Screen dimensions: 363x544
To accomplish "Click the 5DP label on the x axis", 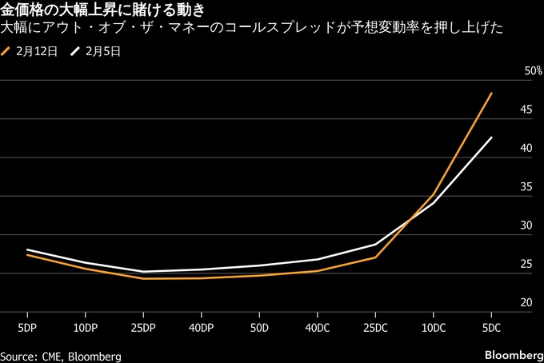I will coord(27,328).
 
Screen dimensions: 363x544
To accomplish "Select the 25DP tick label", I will coord(143,328).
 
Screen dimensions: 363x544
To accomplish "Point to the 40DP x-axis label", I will coord(202,328).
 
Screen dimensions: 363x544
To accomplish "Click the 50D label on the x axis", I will coord(259,328).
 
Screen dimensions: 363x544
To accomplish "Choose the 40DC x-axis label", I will coord(317,328).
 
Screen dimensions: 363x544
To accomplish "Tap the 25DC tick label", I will coord(375,328).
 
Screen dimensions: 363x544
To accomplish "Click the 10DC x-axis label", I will coord(434,328).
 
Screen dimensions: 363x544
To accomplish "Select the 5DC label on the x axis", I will coord(491,328).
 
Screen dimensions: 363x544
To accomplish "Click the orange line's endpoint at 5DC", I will coord(491,94).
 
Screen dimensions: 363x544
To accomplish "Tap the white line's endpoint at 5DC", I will coord(491,138).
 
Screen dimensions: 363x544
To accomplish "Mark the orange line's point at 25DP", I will coord(143,278).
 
